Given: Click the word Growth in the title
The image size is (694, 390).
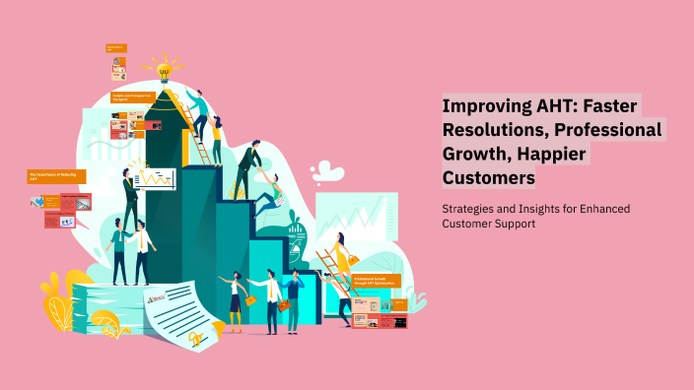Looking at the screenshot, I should tap(477, 154).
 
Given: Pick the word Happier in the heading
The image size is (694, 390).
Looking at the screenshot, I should tap(553, 154).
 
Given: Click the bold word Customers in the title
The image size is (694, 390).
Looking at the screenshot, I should tap(489, 178).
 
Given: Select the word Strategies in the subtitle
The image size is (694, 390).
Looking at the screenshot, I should tap(470, 209).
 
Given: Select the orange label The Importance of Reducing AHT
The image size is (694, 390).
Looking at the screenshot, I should tap(56, 177).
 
